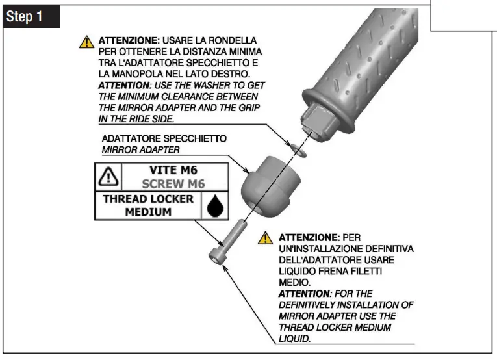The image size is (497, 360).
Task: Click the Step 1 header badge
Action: coord(31,18)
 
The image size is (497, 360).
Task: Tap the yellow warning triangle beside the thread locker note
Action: coord(265,238)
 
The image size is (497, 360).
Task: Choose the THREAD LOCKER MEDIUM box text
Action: coord(149,205)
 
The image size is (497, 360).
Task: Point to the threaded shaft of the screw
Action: coord(235,231)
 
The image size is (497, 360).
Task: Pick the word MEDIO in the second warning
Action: coord(292,283)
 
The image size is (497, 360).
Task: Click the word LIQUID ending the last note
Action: coord(294,339)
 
